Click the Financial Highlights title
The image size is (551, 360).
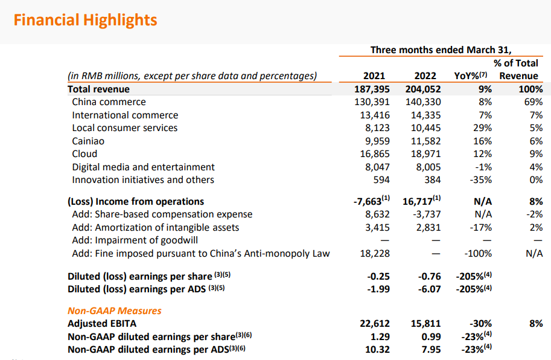(85, 20)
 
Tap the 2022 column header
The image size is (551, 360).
(425, 76)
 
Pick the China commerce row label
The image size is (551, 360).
(109, 102)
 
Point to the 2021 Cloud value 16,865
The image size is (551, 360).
(372, 154)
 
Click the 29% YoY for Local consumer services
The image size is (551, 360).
(483, 128)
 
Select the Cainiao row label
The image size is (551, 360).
(88, 141)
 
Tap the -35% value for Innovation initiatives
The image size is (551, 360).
(481, 180)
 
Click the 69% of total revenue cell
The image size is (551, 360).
(533, 102)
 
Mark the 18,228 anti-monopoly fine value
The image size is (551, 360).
(372, 253)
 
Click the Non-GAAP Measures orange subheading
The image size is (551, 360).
(115, 310)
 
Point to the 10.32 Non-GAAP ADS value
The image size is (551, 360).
(376, 349)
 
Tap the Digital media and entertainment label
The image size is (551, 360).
(143, 167)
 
